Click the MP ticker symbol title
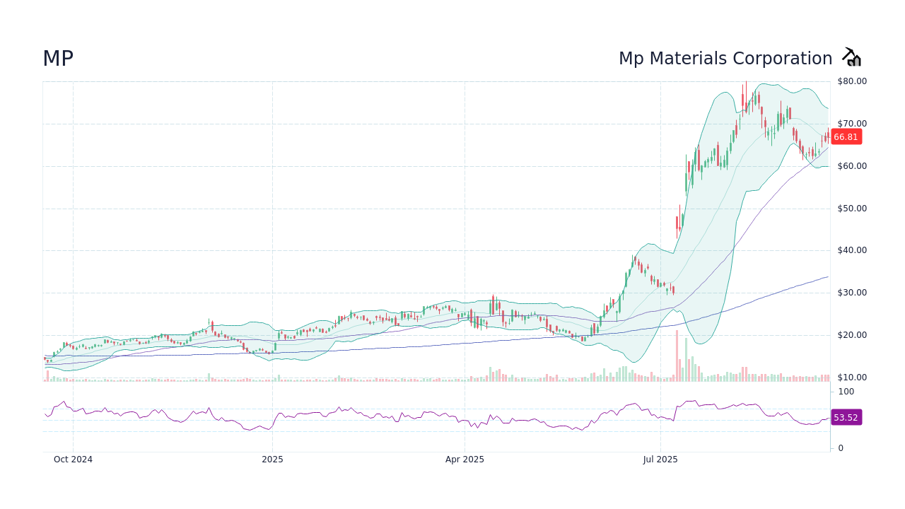tap(58, 59)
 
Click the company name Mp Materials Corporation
tap(725, 59)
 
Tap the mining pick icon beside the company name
tap(851, 57)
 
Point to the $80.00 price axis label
tap(852, 81)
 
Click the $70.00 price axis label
tap(852, 124)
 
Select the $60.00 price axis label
tap(852, 166)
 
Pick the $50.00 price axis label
tap(852, 209)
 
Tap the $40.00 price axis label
tap(852, 250)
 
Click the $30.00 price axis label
tap(852, 293)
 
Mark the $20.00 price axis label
tap(852, 335)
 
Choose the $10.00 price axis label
tap(852, 378)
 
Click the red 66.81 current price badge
tap(846, 137)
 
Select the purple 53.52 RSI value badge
tap(846, 418)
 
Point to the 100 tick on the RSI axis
tap(846, 392)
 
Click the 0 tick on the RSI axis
tap(841, 448)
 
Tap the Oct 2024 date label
tap(73, 460)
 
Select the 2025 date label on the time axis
tap(272, 460)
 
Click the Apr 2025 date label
tap(465, 460)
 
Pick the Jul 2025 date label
tap(660, 460)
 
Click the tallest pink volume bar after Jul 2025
tap(677, 356)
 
